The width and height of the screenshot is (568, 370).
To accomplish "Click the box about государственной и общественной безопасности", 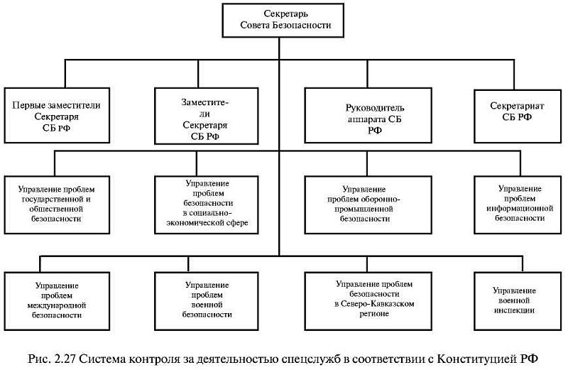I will point(57,205).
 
